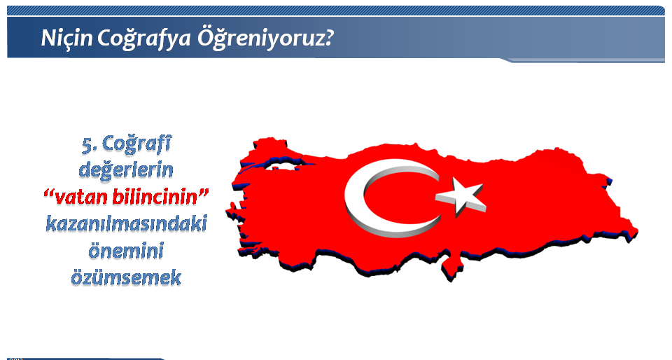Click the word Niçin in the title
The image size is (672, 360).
pos(66,38)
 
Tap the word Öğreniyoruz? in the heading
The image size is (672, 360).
pos(265,39)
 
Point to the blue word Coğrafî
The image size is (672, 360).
pos(136,144)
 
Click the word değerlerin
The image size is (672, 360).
pos(126,170)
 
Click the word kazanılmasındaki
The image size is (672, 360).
pos(127,223)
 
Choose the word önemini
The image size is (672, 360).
pos(126,250)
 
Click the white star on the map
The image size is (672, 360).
pos(461,196)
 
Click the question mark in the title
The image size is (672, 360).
pos(328,38)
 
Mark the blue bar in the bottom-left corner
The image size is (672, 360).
pos(85,359)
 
